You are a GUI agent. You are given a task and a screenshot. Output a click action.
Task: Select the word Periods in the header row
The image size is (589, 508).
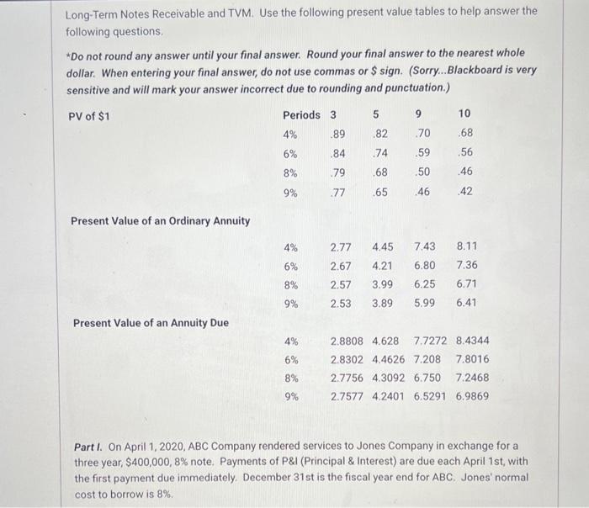point(300,115)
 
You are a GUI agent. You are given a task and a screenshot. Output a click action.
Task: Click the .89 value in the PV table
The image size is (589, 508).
point(337,134)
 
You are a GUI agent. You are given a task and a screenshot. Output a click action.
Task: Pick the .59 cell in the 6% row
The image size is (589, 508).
point(422,153)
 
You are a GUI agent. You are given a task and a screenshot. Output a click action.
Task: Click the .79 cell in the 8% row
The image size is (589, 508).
point(337,172)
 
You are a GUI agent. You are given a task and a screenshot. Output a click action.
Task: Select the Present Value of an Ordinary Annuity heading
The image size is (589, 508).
point(160,221)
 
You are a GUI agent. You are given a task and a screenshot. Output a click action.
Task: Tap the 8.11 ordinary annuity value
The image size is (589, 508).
point(466,247)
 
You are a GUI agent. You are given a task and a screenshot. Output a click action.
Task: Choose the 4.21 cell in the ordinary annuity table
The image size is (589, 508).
point(383,266)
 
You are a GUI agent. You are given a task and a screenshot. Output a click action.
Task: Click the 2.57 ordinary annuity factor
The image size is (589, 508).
point(341,285)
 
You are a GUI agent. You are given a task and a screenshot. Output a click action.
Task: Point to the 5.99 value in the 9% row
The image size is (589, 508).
point(424,304)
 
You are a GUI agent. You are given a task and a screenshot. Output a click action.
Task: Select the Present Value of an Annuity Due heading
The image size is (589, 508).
point(151,323)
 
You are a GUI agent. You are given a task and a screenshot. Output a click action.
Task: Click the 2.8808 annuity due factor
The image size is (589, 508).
point(348,341)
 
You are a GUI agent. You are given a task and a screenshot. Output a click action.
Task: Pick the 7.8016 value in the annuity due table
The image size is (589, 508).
point(472,360)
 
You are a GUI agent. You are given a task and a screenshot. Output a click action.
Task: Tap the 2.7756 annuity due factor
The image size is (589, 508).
point(348,378)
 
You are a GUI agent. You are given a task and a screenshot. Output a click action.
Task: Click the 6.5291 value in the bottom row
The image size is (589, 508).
point(431,397)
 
